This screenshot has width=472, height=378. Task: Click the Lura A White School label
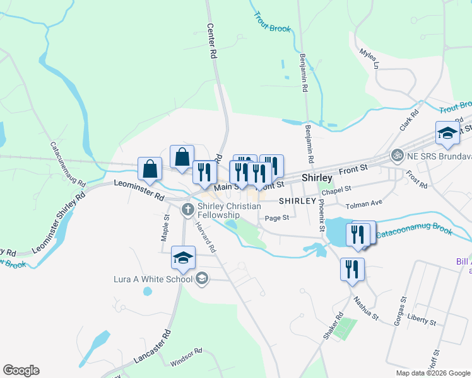click(153, 278)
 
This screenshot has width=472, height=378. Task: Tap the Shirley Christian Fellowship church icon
click(187, 209)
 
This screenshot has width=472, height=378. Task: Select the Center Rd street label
click(211, 42)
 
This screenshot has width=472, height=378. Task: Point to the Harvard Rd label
click(206, 237)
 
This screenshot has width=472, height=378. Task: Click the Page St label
click(276, 218)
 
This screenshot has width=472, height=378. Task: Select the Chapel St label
click(336, 190)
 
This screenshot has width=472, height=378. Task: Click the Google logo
click(21, 370)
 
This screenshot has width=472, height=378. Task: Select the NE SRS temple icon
click(397, 154)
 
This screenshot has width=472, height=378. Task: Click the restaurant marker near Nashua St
click(351, 269)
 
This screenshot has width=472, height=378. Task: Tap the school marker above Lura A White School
click(184, 258)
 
